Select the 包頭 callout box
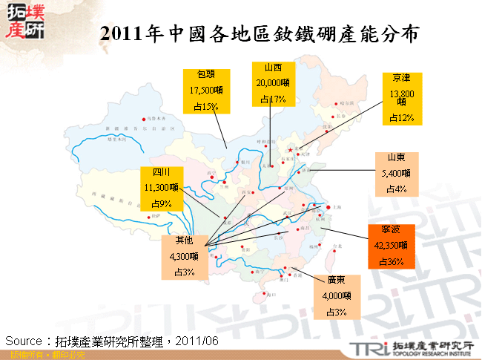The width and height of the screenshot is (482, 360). pyautogui.click(x=206, y=91)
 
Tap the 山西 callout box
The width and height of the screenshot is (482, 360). pyautogui.click(x=272, y=83)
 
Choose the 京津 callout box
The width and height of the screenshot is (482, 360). pyautogui.click(x=402, y=97)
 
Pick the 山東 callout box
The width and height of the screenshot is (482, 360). pyautogui.click(x=396, y=174)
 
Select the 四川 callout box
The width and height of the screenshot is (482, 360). pyautogui.click(x=161, y=188)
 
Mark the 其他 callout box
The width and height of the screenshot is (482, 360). pyautogui.click(x=183, y=256)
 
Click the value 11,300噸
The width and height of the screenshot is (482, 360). pyautogui.click(x=161, y=188)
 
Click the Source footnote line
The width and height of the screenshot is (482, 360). pyautogui.click(x=111, y=341)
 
